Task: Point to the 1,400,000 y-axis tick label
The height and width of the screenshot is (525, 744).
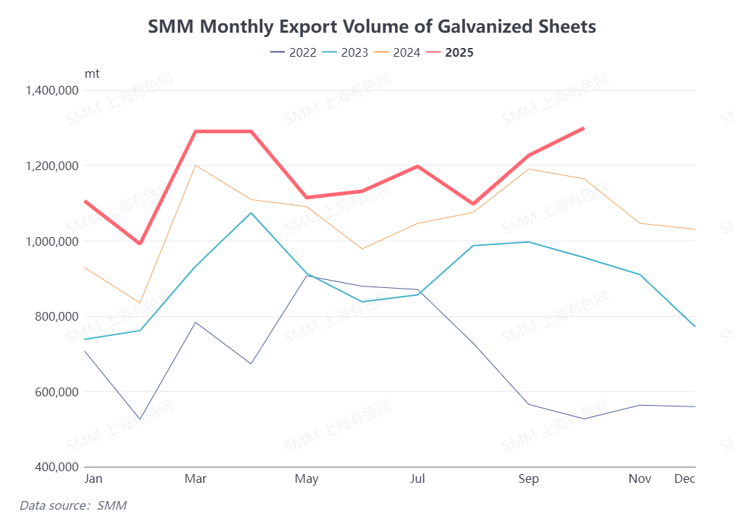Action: tap(52, 91)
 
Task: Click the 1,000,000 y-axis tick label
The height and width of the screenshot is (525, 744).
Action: tap(52, 241)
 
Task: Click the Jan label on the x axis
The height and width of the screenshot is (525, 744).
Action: tap(93, 478)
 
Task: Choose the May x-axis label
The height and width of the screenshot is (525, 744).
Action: tap(307, 478)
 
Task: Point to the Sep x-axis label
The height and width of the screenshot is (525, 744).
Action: tap(528, 478)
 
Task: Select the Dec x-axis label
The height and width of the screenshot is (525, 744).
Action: tap(684, 478)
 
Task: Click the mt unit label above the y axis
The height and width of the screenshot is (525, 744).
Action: tap(92, 73)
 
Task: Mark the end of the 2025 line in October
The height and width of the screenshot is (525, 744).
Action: tap(583, 129)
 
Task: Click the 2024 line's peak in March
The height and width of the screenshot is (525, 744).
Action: tap(195, 165)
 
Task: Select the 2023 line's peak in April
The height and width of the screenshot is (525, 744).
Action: tap(251, 213)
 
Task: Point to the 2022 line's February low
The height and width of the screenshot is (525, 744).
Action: tap(140, 420)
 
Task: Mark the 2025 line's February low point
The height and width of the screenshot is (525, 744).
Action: tap(140, 244)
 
